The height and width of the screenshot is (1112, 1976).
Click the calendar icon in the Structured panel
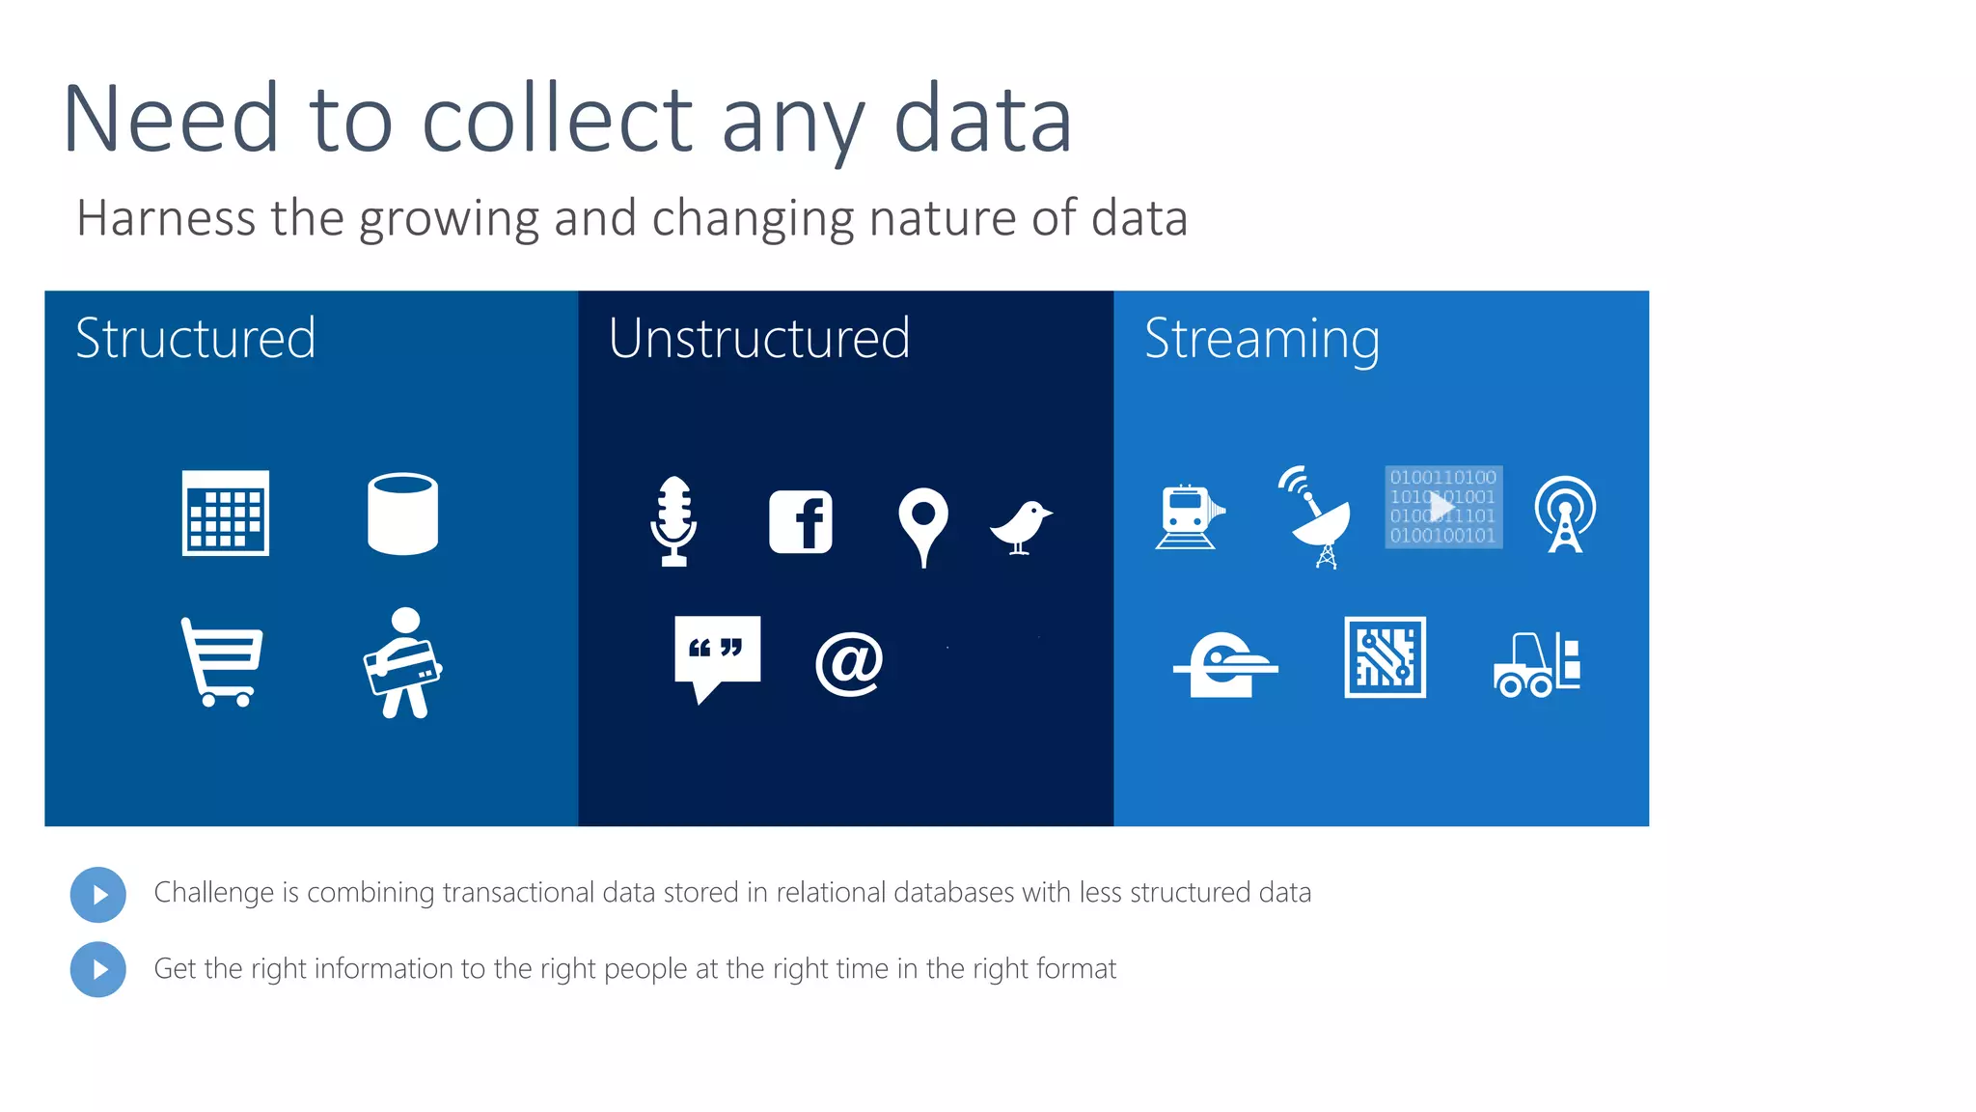(x=226, y=514)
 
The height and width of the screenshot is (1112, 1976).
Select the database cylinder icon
(x=402, y=514)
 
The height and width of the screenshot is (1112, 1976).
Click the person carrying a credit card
(x=403, y=663)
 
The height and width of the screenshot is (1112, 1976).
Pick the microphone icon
(x=673, y=521)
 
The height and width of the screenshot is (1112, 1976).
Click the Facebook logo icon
(x=800, y=521)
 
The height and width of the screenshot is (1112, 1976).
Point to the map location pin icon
(x=923, y=525)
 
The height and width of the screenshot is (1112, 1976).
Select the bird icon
(x=1021, y=526)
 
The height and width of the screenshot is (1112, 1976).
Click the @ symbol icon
(x=849, y=664)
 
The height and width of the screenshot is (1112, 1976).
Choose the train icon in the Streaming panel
(x=1189, y=516)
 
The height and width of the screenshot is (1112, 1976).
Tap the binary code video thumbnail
(x=1443, y=507)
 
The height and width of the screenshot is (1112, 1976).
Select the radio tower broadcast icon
(x=1565, y=514)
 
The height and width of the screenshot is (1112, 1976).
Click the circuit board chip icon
(x=1386, y=657)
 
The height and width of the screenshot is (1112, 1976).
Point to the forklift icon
(x=1537, y=664)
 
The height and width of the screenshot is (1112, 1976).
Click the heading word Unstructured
(x=759, y=339)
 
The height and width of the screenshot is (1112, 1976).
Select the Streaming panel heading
(x=1262, y=340)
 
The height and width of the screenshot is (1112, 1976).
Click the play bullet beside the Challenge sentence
(x=98, y=895)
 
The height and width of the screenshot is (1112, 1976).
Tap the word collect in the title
(x=557, y=120)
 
